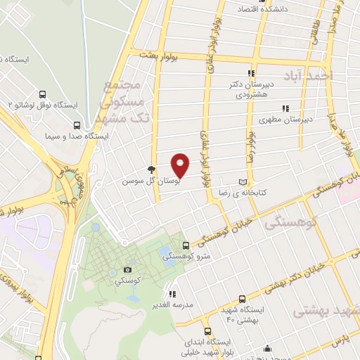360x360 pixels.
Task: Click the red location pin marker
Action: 181,165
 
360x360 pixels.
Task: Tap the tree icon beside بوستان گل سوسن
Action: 150,169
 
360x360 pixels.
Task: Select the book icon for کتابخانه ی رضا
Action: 243,180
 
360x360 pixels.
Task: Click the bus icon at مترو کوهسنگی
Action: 186,245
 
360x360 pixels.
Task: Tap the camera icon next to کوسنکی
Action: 127,269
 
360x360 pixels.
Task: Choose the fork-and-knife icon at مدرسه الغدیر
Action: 172,293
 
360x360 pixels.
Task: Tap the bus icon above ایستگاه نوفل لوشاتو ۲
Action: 43,94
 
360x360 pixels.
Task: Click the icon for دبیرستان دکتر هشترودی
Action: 250,73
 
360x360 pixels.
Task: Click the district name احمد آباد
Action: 306,75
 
